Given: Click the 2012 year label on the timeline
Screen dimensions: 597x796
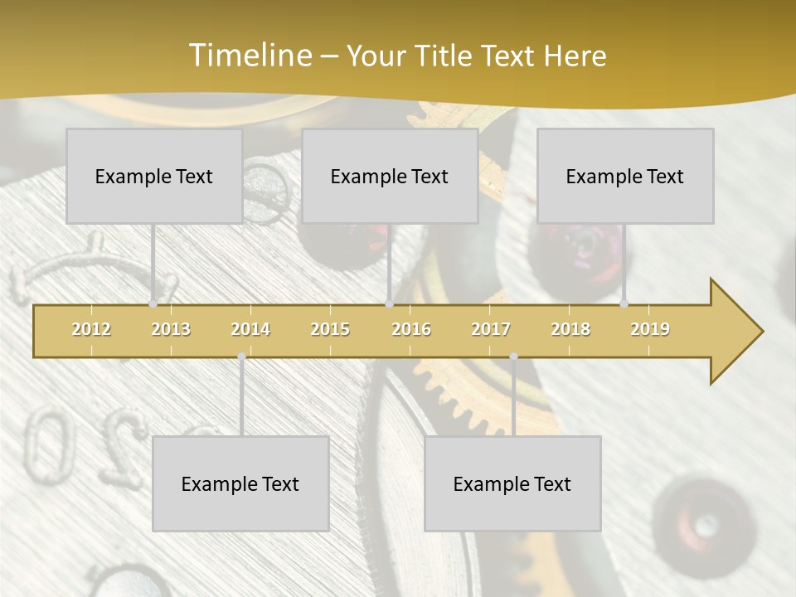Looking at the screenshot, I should [x=91, y=329].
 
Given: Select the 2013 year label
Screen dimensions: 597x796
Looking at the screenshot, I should [x=171, y=329].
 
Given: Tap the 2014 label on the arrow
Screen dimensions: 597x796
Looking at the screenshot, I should [x=250, y=329].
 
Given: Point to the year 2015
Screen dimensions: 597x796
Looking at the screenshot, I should [x=330, y=329].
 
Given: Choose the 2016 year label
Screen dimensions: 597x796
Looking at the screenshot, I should [x=411, y=329].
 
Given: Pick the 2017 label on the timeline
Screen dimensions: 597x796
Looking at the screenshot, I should [x=491, y=329].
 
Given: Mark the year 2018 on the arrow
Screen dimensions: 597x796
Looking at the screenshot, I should [x=570, y=329].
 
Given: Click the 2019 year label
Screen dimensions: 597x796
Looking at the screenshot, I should [x=650, y=329].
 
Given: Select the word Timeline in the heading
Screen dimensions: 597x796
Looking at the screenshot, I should [x=249, y=56].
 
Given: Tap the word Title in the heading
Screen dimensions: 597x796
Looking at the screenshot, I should [x=445, y=56].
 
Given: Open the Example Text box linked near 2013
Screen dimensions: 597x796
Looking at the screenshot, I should [x=154, y=176].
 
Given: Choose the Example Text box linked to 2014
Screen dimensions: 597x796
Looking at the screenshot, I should [x=240, y=483].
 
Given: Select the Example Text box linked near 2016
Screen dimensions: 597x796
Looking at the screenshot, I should [x=390, y=176].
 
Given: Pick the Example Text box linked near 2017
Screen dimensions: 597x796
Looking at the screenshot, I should [x=512, y=483].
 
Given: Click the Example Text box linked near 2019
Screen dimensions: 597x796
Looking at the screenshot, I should [x=625, y=176].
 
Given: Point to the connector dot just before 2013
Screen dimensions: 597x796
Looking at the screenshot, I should [x=153, y=304].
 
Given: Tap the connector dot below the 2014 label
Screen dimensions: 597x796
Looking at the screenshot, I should [x=241, y=357].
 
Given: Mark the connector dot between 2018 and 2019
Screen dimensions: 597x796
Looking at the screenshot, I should [x=624, y=304].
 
